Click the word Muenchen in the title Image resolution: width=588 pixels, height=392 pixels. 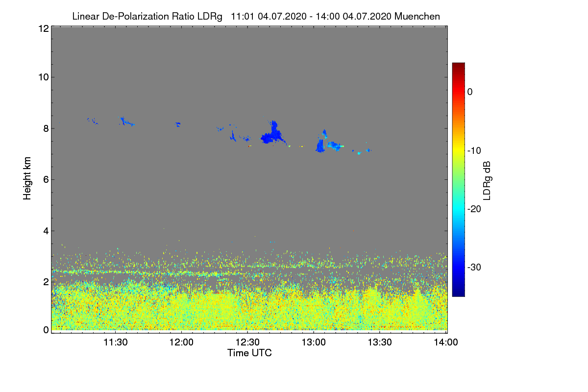point(417,16)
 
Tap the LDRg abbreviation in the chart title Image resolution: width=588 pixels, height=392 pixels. point(211,16)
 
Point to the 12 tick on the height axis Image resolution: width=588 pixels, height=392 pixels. point(43,28)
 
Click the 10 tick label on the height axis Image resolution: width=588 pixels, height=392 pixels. point(43,77)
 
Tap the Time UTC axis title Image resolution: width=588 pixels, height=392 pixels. point(249,353)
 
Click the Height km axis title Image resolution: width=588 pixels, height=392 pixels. point(27,178)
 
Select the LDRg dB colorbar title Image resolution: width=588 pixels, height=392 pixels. point(487,180)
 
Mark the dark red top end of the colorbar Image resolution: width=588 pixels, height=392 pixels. point(458,65)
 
